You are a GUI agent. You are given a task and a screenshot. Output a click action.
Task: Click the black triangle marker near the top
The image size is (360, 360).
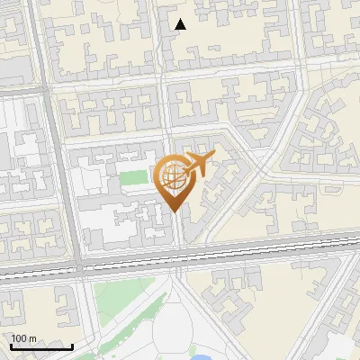point(181,24)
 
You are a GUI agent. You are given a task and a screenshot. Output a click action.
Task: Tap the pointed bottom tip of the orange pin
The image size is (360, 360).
point(173,211)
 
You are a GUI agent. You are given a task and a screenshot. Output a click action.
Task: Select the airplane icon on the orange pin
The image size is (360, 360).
point(194,166)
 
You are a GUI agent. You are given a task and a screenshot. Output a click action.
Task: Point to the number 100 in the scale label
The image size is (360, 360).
point(19,338)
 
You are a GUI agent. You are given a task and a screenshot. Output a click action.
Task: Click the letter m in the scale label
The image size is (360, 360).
point(32,338)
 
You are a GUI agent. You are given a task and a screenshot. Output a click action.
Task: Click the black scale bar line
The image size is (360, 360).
point(41,346)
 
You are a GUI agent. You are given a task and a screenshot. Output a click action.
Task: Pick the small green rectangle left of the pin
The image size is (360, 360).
point(133,178)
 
